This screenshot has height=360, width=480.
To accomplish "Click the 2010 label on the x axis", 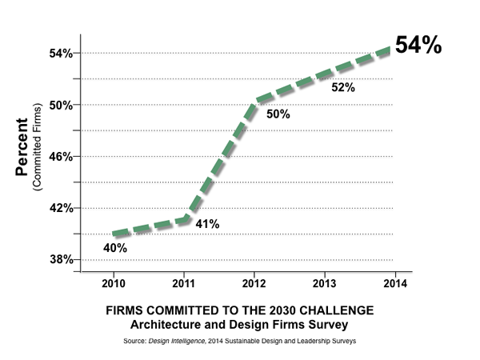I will click(113, 282).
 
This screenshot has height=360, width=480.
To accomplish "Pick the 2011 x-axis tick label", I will click(182, 282).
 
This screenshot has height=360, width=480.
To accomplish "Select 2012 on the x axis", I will click(253, 282).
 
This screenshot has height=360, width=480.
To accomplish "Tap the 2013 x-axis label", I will click(322, 282).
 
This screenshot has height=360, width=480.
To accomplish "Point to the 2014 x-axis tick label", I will click(392, 282).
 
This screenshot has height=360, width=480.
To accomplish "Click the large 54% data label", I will click(418, 46).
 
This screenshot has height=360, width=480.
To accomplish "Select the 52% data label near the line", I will click(343, 87).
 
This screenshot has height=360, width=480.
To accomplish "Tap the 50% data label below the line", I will click(278, 114).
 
